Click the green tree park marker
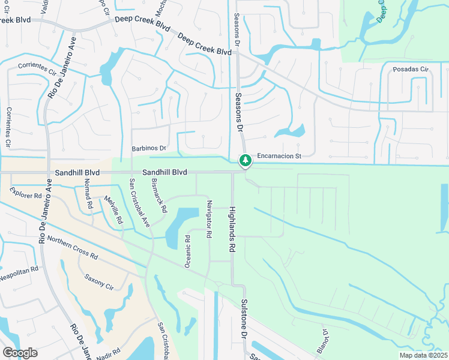click(245, 161)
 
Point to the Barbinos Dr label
click(148, 148)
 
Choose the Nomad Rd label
click(89, 194)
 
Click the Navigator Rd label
click(209, 219)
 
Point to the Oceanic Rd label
click(187, 251)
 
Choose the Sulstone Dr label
click(244, 318)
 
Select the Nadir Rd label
click(109, 352)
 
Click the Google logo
click(20, 353)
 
